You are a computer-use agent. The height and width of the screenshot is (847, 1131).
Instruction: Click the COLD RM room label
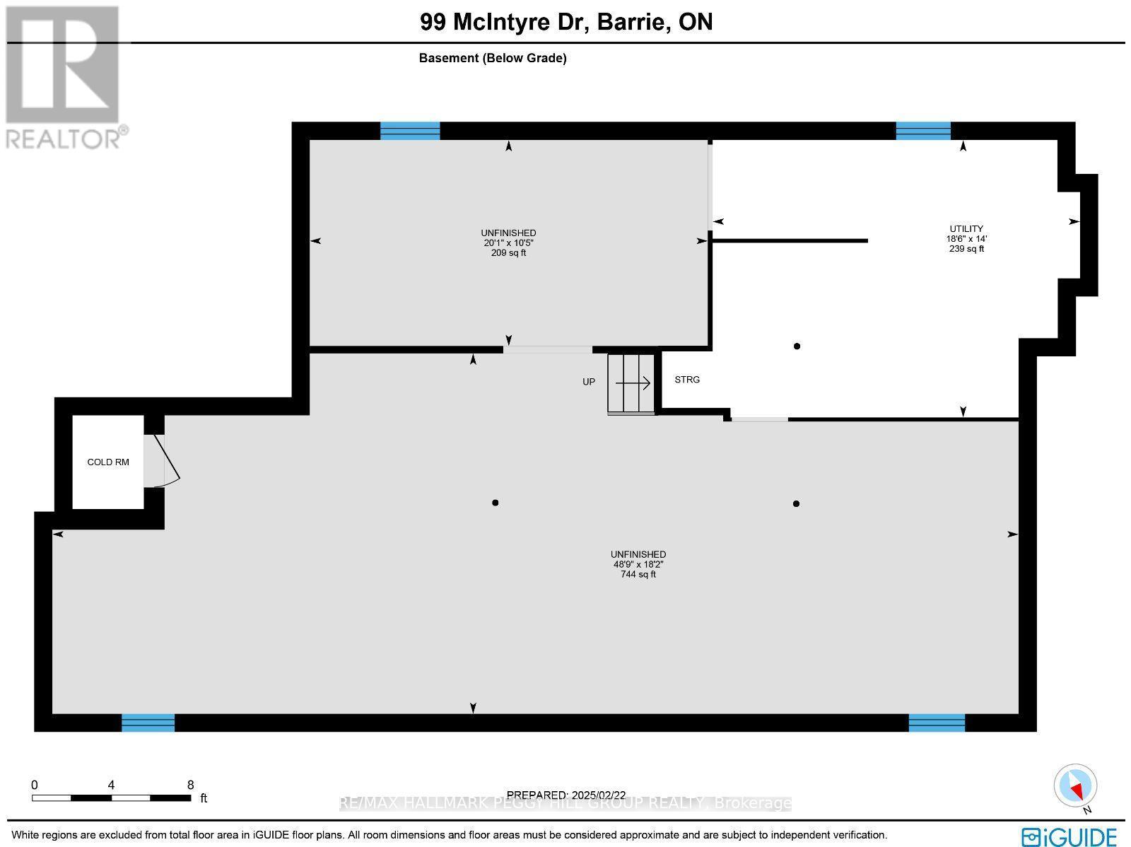click(108, 462)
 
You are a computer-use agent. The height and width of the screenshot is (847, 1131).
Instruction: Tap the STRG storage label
click(687, 380)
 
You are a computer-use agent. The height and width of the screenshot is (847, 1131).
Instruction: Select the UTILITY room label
click(966, 228)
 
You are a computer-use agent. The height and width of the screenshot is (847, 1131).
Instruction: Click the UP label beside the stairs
click(589, 382)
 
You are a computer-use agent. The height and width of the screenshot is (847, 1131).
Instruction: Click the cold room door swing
click(167, 461)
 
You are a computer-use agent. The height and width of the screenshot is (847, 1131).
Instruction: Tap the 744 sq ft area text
click(638, 575)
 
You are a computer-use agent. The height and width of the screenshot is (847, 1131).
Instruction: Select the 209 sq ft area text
click(508, 253)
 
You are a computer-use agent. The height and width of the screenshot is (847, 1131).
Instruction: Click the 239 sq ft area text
click(966, 249)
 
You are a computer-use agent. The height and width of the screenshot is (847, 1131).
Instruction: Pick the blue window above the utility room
click(923, 131)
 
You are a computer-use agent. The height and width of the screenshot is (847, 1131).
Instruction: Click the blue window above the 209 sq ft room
click(410, 131)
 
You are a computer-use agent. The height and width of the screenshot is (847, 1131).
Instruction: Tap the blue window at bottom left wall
click(148, 723)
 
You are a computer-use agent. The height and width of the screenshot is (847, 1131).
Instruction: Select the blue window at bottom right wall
click(937, 723)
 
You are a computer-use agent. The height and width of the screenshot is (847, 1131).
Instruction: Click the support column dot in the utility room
click(797, 346)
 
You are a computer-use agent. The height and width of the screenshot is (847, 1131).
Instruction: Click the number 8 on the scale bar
click(190, 785)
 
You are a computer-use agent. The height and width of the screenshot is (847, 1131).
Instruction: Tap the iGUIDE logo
click(1070, 837)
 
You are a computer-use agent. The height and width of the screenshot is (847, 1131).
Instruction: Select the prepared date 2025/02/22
click(566, 795)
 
